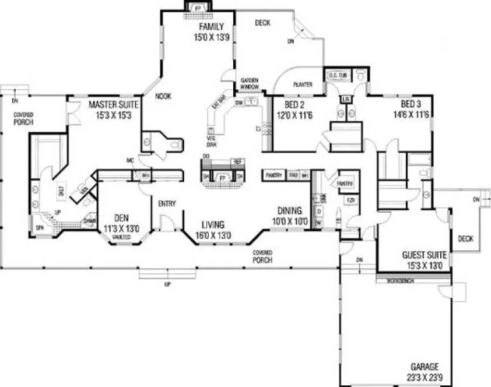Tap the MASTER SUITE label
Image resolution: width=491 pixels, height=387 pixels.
113,105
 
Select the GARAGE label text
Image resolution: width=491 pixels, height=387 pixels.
424,367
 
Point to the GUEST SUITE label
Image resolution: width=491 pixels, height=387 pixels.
425,255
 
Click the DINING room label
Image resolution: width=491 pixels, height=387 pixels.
289,210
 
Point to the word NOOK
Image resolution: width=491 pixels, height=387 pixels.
163,97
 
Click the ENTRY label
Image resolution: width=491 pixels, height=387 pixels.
167,203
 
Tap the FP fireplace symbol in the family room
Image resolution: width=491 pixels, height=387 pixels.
197,8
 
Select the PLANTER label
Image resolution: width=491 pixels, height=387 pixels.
303,85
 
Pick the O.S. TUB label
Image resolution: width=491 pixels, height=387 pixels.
338,75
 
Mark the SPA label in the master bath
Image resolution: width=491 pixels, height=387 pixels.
40,227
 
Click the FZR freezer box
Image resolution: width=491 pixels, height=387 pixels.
350,200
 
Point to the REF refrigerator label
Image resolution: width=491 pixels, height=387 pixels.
237,161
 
